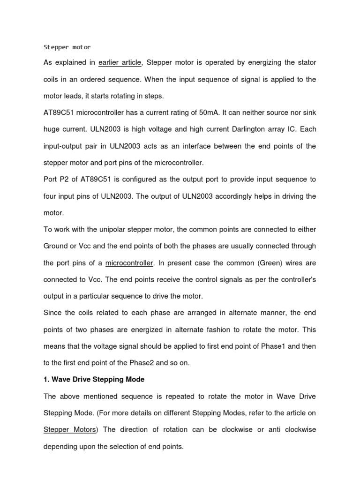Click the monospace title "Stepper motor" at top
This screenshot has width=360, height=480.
(x=67, y=47)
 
